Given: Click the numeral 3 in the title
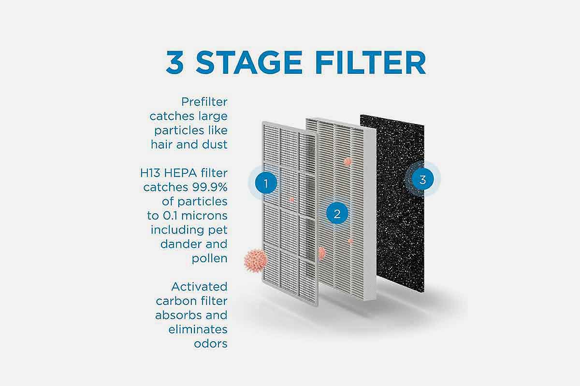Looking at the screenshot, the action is [175, 62].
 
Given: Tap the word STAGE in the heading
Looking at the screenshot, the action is [249, 62].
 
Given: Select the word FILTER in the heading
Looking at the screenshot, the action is [371, 62].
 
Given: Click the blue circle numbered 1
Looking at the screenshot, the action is [266, 183].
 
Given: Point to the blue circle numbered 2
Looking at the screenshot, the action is [337, 213].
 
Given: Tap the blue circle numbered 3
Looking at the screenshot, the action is [422, 179].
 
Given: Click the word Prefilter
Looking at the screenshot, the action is [204, 102].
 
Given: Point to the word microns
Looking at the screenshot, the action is [204, 216].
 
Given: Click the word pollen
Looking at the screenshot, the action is [209, 259].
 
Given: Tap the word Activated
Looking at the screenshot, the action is [199, 287].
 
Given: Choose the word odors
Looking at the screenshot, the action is [211, 344].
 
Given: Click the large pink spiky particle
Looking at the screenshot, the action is [255, 261].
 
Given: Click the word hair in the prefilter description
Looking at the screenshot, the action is [161, 144].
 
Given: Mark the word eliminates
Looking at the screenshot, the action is [198, 330].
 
